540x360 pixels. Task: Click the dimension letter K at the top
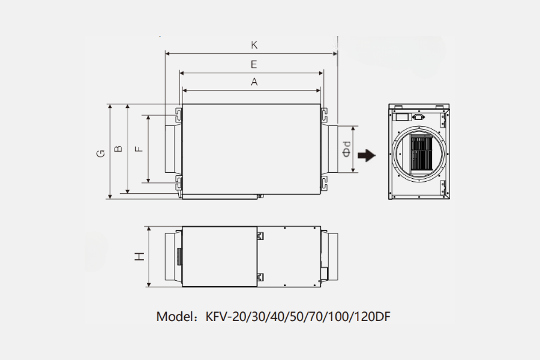coord(254,45)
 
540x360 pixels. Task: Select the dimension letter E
coord(254,64)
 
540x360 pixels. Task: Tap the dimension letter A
coord(254,83)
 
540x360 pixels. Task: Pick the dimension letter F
coord(139,148)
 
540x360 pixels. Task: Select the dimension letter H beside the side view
coord(139,256)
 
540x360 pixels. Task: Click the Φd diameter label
coord(347,149)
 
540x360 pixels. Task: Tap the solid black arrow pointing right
coord(366,155)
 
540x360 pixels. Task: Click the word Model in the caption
coord(175,316)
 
